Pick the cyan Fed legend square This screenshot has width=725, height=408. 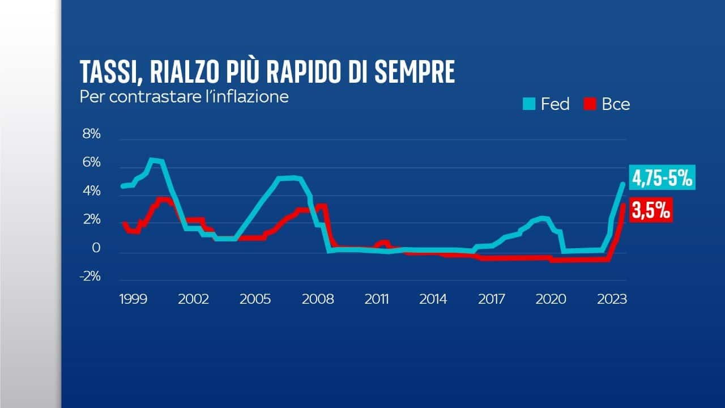(x=529, y=104)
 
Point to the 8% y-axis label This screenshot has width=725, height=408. (x=91, y=134)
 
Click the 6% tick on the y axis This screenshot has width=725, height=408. (x=91, y=163)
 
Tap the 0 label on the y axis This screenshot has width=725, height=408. (x=96, y=248)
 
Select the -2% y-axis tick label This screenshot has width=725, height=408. (x=89, y=277)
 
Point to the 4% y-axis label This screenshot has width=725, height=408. (x=91, y=192)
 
